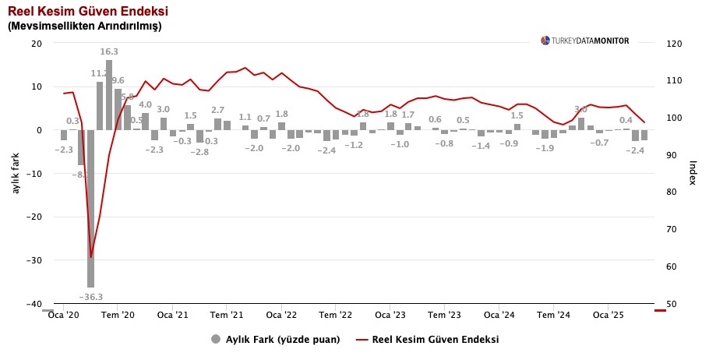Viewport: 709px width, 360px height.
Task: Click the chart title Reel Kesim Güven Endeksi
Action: (88, 12)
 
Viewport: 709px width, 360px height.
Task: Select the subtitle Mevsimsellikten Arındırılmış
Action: (85, 26)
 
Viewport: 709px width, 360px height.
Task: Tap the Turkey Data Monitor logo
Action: (584, 41)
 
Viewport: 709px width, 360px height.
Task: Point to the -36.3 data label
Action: (90, 297)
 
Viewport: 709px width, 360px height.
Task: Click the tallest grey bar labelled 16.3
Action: (109, 94)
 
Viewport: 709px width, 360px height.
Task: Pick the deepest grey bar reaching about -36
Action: (91, 209)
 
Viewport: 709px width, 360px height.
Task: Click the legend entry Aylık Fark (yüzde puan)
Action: (275, 339)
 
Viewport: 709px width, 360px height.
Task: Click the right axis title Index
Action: (693, 173)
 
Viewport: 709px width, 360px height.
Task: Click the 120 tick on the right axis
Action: (675, 44)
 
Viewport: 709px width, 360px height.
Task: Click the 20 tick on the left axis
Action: (36, 44)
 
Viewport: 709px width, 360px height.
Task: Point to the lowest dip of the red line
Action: (91, 256)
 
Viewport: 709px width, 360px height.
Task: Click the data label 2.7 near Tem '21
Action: (218, 111)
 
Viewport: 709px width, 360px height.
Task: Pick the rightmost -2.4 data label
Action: (636, 150)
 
